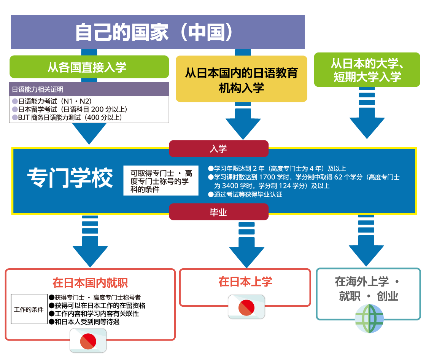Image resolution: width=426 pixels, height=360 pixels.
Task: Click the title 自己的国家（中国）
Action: [158, 32]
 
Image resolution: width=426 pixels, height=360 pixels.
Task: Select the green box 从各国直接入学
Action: [89, 67]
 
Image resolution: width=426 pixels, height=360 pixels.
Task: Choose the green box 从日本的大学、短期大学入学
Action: [367, 71]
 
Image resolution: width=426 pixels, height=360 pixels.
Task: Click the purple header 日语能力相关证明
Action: [89, 89]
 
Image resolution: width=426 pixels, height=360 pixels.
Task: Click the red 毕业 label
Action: [218, 212]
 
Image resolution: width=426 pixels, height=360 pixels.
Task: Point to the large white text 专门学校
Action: [70, 177]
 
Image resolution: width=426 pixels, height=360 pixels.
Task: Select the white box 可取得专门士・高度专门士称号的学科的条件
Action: [161, 181]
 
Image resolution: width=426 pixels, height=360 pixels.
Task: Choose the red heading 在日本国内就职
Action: [90, 283]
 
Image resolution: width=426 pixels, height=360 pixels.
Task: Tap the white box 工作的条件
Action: [29, 309]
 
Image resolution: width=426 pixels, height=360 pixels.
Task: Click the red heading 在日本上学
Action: [245, 282]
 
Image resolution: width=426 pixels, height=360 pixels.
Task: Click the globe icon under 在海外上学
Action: [369, 319]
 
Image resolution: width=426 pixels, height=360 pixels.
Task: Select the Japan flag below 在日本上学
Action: [246, 307]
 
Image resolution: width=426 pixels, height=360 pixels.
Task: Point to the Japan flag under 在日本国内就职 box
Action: [88, 340]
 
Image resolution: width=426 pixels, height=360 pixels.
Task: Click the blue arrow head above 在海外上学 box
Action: [366, 255]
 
